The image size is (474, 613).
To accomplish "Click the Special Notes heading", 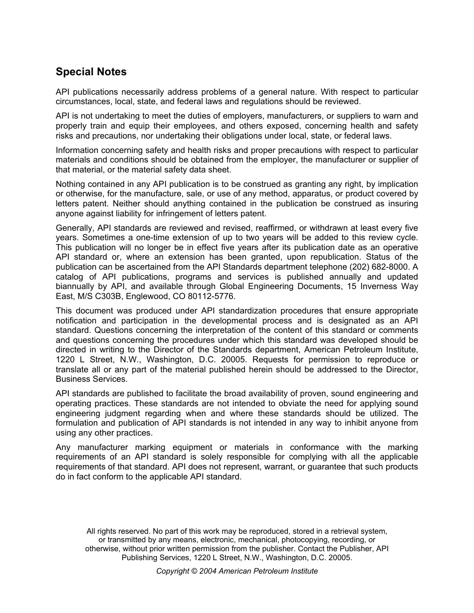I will pyautogui.click(x=91, y=72).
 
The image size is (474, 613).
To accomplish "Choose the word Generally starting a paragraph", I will pyautogui.click(x=75, y=228).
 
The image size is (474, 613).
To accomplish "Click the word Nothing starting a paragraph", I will pyautogui.click(x=71, y=184).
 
